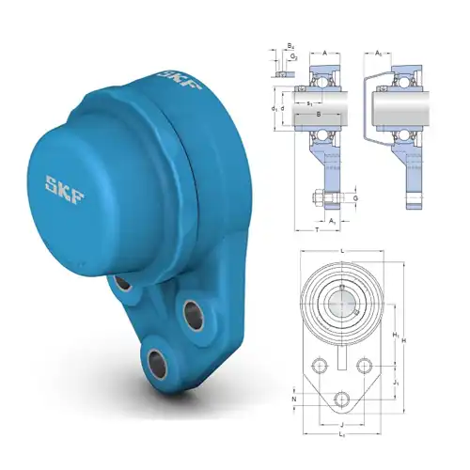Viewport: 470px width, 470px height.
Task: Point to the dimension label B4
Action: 290,46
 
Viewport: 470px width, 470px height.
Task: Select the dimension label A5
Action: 379,53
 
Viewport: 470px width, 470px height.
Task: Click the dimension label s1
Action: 310,102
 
